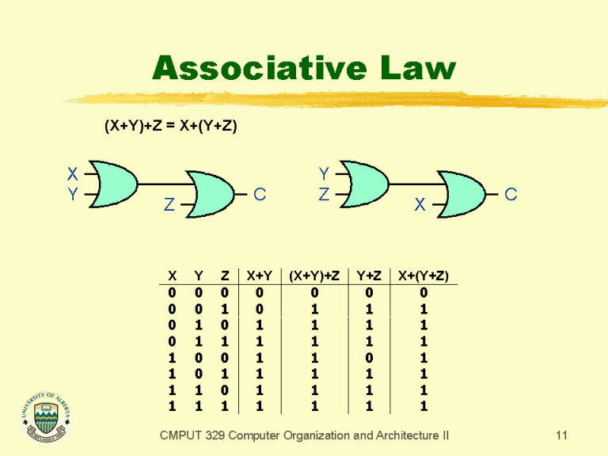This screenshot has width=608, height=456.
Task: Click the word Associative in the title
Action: (260, 68)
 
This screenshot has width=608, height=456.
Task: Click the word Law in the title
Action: (418, 68)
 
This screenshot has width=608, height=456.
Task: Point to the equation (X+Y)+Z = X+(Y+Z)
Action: (171, 126)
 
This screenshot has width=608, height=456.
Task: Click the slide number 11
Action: (561, 435)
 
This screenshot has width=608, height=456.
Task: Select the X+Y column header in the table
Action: (260, 275)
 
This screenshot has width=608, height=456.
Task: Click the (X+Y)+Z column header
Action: (314, 275)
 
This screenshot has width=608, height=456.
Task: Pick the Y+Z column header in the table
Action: (369, 275)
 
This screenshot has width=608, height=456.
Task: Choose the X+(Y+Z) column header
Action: (424, 275)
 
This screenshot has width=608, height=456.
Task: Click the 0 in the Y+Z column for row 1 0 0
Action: (369, 358)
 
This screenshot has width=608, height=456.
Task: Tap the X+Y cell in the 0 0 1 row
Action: (260, 309)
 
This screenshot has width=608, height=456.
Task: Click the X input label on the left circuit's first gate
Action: (73, 173)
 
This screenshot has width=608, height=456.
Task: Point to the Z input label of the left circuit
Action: (169, 204)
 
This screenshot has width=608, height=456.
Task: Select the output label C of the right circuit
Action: (511, 194)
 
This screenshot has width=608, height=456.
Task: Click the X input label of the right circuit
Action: (420, 204)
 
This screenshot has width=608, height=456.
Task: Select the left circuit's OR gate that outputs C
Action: (210, 194)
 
